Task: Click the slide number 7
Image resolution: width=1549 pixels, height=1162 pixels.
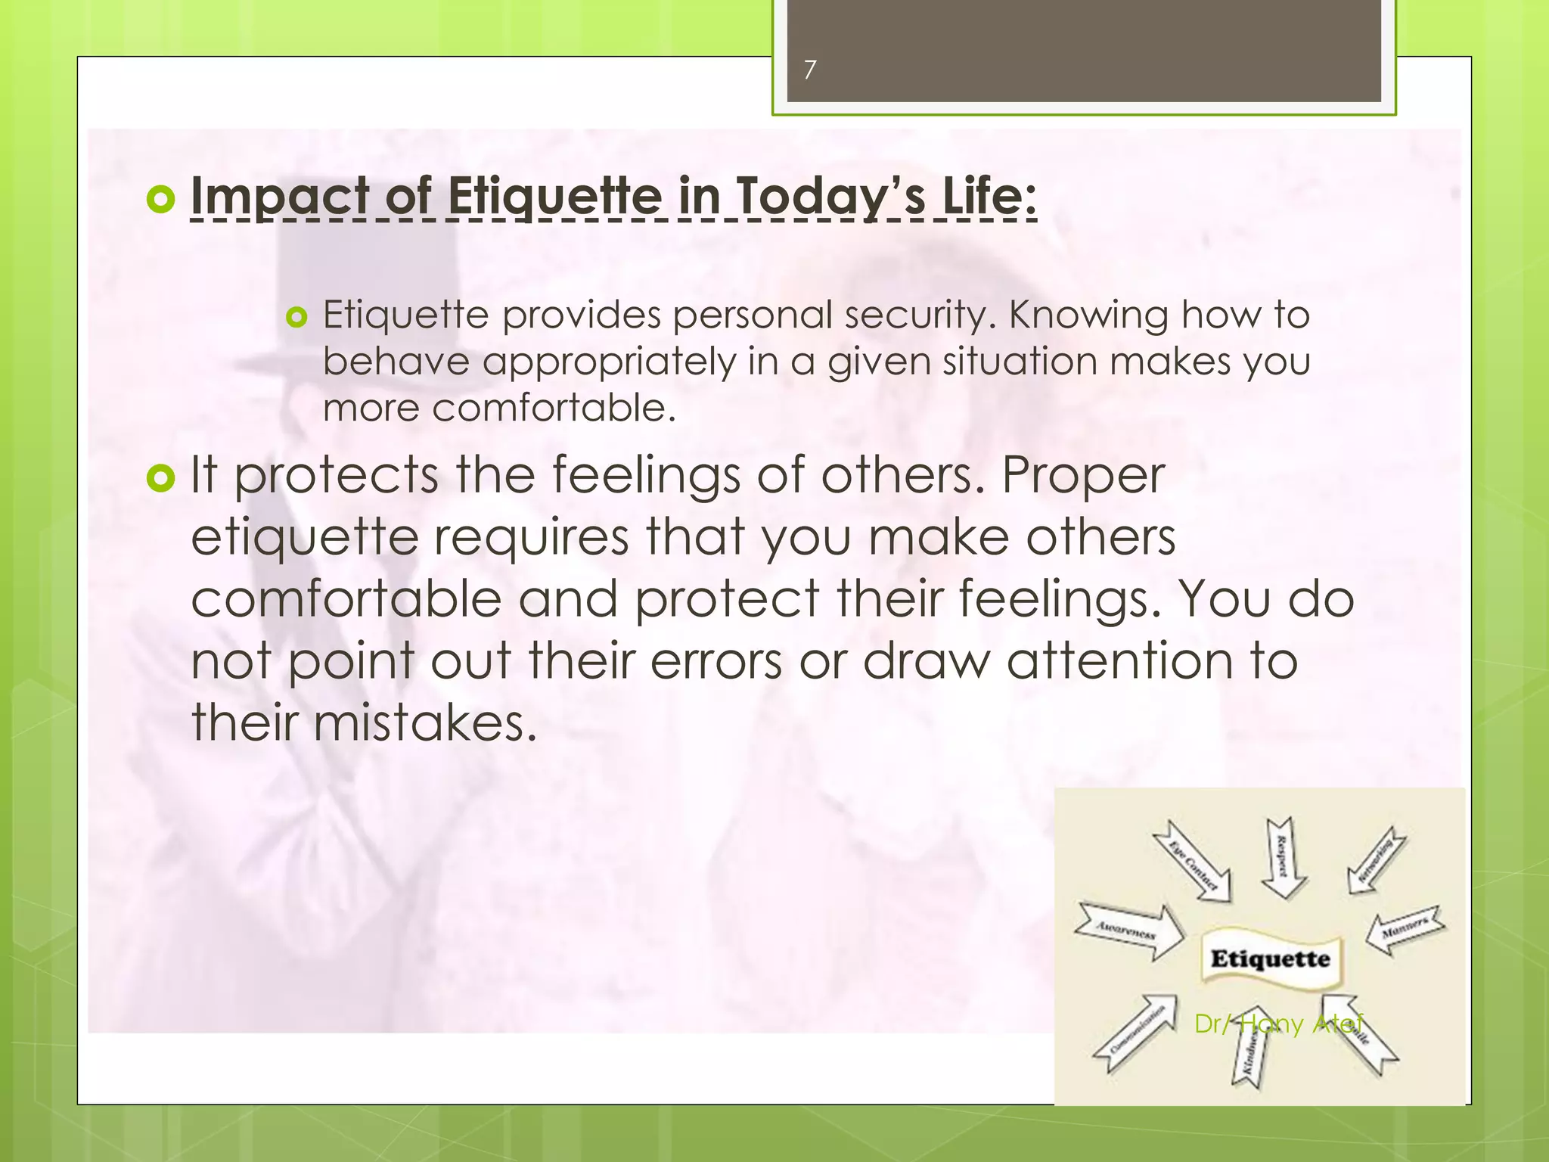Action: (x=810, y=70)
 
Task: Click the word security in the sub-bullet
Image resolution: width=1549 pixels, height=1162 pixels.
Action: (x=920, y=315)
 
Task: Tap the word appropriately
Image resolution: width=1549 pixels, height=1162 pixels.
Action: (x=609, y=362)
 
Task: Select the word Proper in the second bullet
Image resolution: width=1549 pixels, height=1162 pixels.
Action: (x=1082, y=477)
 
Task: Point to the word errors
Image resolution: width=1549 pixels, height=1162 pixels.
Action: (x=716, y=661)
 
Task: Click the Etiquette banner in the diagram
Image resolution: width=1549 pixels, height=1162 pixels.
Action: (x=1270, y=959)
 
